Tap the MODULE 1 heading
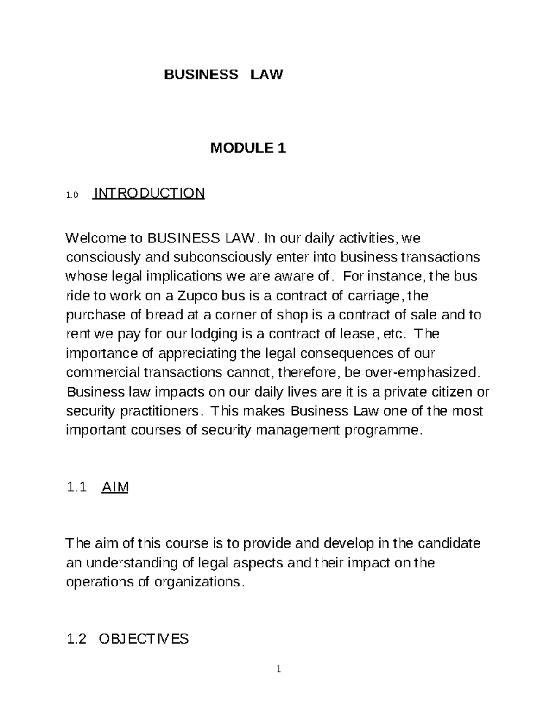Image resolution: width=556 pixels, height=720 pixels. (248, 148)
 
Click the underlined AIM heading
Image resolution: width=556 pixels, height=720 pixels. (114, 487)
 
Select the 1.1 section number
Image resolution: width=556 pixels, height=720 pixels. (76, 487)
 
